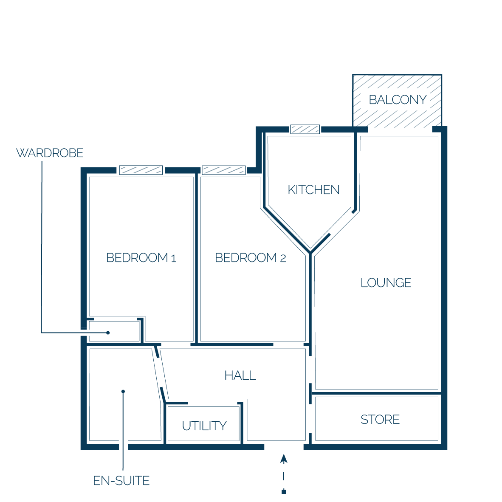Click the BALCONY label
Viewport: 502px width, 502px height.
click(x=398, y=99)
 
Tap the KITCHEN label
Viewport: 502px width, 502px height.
click(x=314, y=190)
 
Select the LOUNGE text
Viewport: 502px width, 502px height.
click(x=386, y=283)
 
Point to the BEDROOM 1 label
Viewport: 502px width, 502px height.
click(x=141, y=258)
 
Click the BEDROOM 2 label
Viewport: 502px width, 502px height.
click(x=250, y=258)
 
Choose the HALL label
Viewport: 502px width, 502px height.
click(x=240, y=375)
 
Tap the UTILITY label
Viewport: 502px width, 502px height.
click(x=204, y=426)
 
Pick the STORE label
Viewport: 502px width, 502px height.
click(x=380, y=420)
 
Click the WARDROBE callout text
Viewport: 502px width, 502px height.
click(x=50, y=153)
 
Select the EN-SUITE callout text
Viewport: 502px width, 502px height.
click(x=121, y=480)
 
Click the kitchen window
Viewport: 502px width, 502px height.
click(x=305, y=130)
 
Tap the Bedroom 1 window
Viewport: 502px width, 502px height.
click(x=141, y=170)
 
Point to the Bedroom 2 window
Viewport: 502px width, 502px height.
click(x=224, y=170)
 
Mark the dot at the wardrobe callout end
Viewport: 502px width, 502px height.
click(x=108, y=333)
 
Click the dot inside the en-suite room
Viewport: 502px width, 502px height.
click(x=123, y=391)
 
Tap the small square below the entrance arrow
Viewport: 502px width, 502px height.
click(x=284, y=491)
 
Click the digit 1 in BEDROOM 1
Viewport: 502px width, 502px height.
click(x=174, y=258)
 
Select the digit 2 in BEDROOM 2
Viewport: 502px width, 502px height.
click(x=283, y=258)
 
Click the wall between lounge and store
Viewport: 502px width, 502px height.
click(x=376, y=393)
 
